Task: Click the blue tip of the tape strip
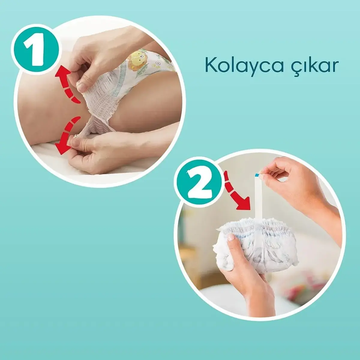click(256, 175)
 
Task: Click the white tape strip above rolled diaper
click(258, 198)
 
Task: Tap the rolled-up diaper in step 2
click(258, 243)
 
